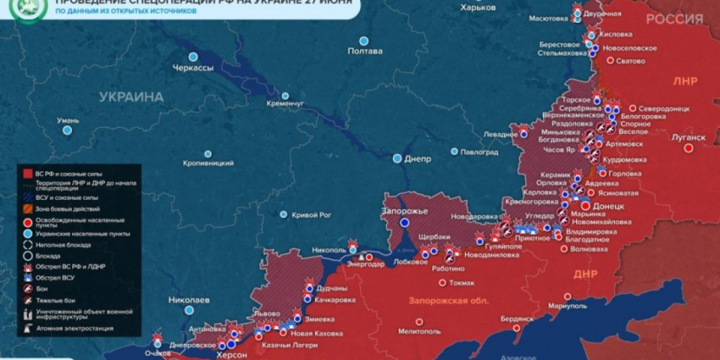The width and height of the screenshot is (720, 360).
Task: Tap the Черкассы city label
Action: [x=192, y=67]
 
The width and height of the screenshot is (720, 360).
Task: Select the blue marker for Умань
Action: [x=67, y=130]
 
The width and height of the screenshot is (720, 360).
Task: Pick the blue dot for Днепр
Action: [x=397, y=158]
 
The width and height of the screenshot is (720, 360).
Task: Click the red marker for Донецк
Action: [x=585, y=206]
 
